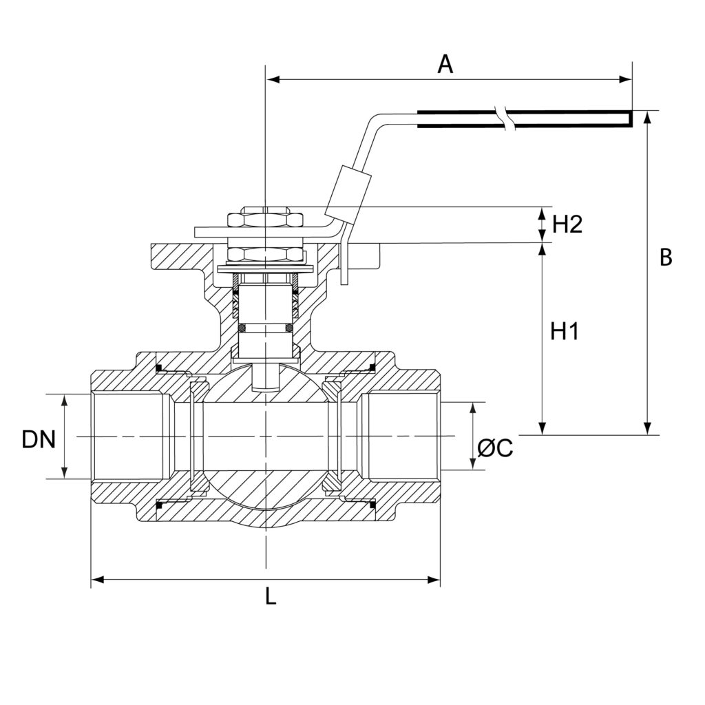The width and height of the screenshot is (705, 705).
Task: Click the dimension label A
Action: (x=445, y=64)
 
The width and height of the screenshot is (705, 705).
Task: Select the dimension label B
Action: (x=666, y=257)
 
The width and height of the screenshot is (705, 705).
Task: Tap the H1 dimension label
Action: (x=565, y=332)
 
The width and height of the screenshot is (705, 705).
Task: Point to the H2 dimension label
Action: (x=567, y=224)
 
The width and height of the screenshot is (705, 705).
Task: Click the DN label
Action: (x=39, y=439)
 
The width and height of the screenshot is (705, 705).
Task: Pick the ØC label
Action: (x=495, y=448)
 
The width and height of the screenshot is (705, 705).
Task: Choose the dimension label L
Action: (x=270, y=597)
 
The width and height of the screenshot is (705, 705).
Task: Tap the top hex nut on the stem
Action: (x=265, y=220)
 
